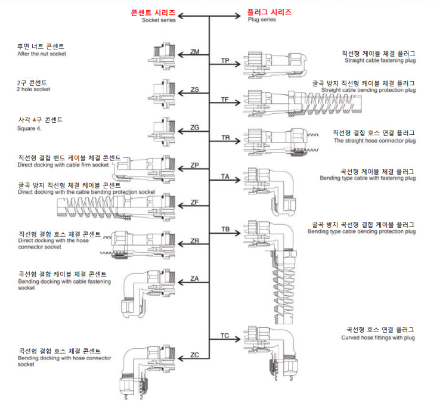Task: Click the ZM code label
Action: coord(194,52)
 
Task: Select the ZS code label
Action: coord(194,89)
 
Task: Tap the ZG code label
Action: coord(194,127)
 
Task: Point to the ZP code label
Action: coord(194,165)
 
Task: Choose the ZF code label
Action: coord(194,203)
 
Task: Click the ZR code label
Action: coord(194,240)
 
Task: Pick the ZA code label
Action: coord(194,278)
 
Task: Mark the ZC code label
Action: coord(194,355)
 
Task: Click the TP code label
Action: coord(225,61)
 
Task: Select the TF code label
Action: coord(225,99)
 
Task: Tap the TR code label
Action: coord(225,138)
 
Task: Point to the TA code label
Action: coord(225,176)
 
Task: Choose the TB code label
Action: coord(225,229)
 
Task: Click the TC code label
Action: coord(225,336)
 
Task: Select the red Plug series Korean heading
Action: coord(270,12)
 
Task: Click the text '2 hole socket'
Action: coord(33,89)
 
